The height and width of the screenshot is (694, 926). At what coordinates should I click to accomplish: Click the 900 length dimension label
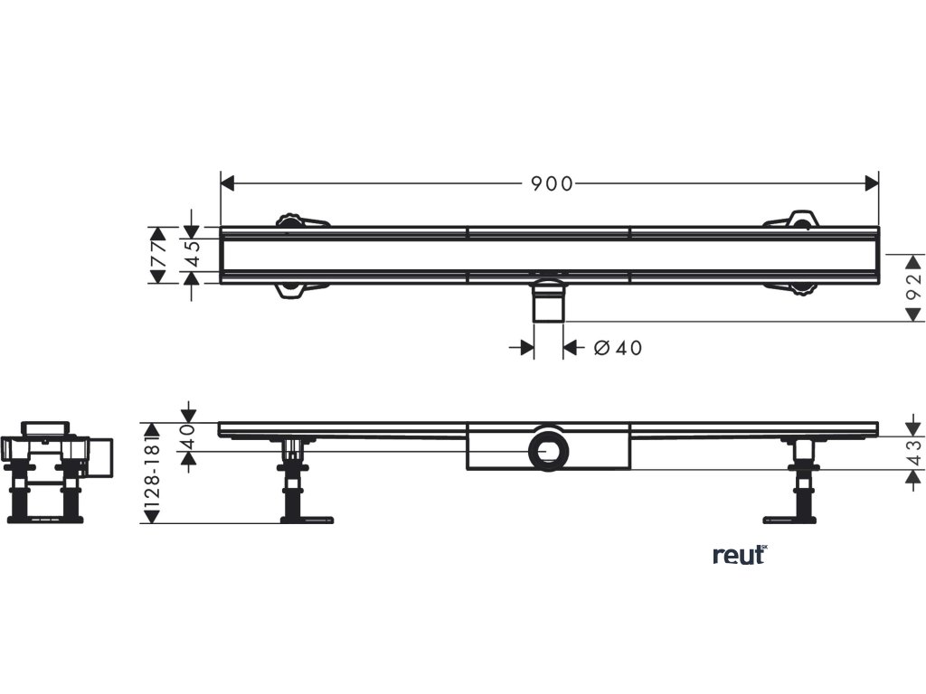tap(551, 183)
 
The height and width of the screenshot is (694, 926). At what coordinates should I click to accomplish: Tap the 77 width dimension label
tap(159, 255)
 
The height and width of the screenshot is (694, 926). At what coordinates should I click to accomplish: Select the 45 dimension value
tap(191, 255)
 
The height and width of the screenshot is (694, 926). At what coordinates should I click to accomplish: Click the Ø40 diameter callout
tap(619, 348)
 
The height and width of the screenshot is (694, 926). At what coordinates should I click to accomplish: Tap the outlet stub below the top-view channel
tap(548, 304)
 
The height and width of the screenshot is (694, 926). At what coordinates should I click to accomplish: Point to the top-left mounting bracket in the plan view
tap(299, 220)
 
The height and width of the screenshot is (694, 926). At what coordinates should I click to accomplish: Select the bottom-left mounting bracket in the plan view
tap(299, 289)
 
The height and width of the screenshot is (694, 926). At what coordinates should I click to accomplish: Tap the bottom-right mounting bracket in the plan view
tap(793, 288)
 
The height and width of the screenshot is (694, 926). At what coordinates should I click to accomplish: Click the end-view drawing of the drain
tap(53, 471)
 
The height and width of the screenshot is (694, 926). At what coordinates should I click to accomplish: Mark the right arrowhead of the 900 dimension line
tap(873, 183)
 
